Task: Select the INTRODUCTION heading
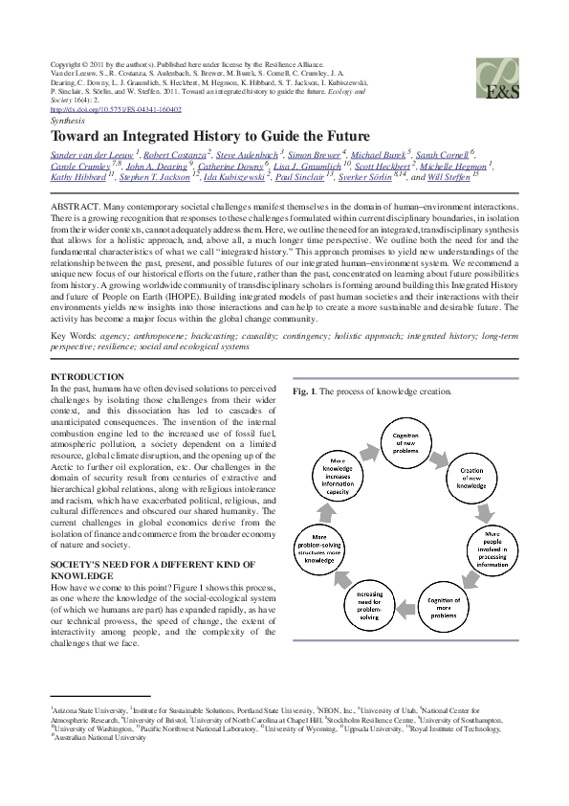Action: pyautogui.click(x=87, y=378)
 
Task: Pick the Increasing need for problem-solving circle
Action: pyautogui.click(x=372, y=604)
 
